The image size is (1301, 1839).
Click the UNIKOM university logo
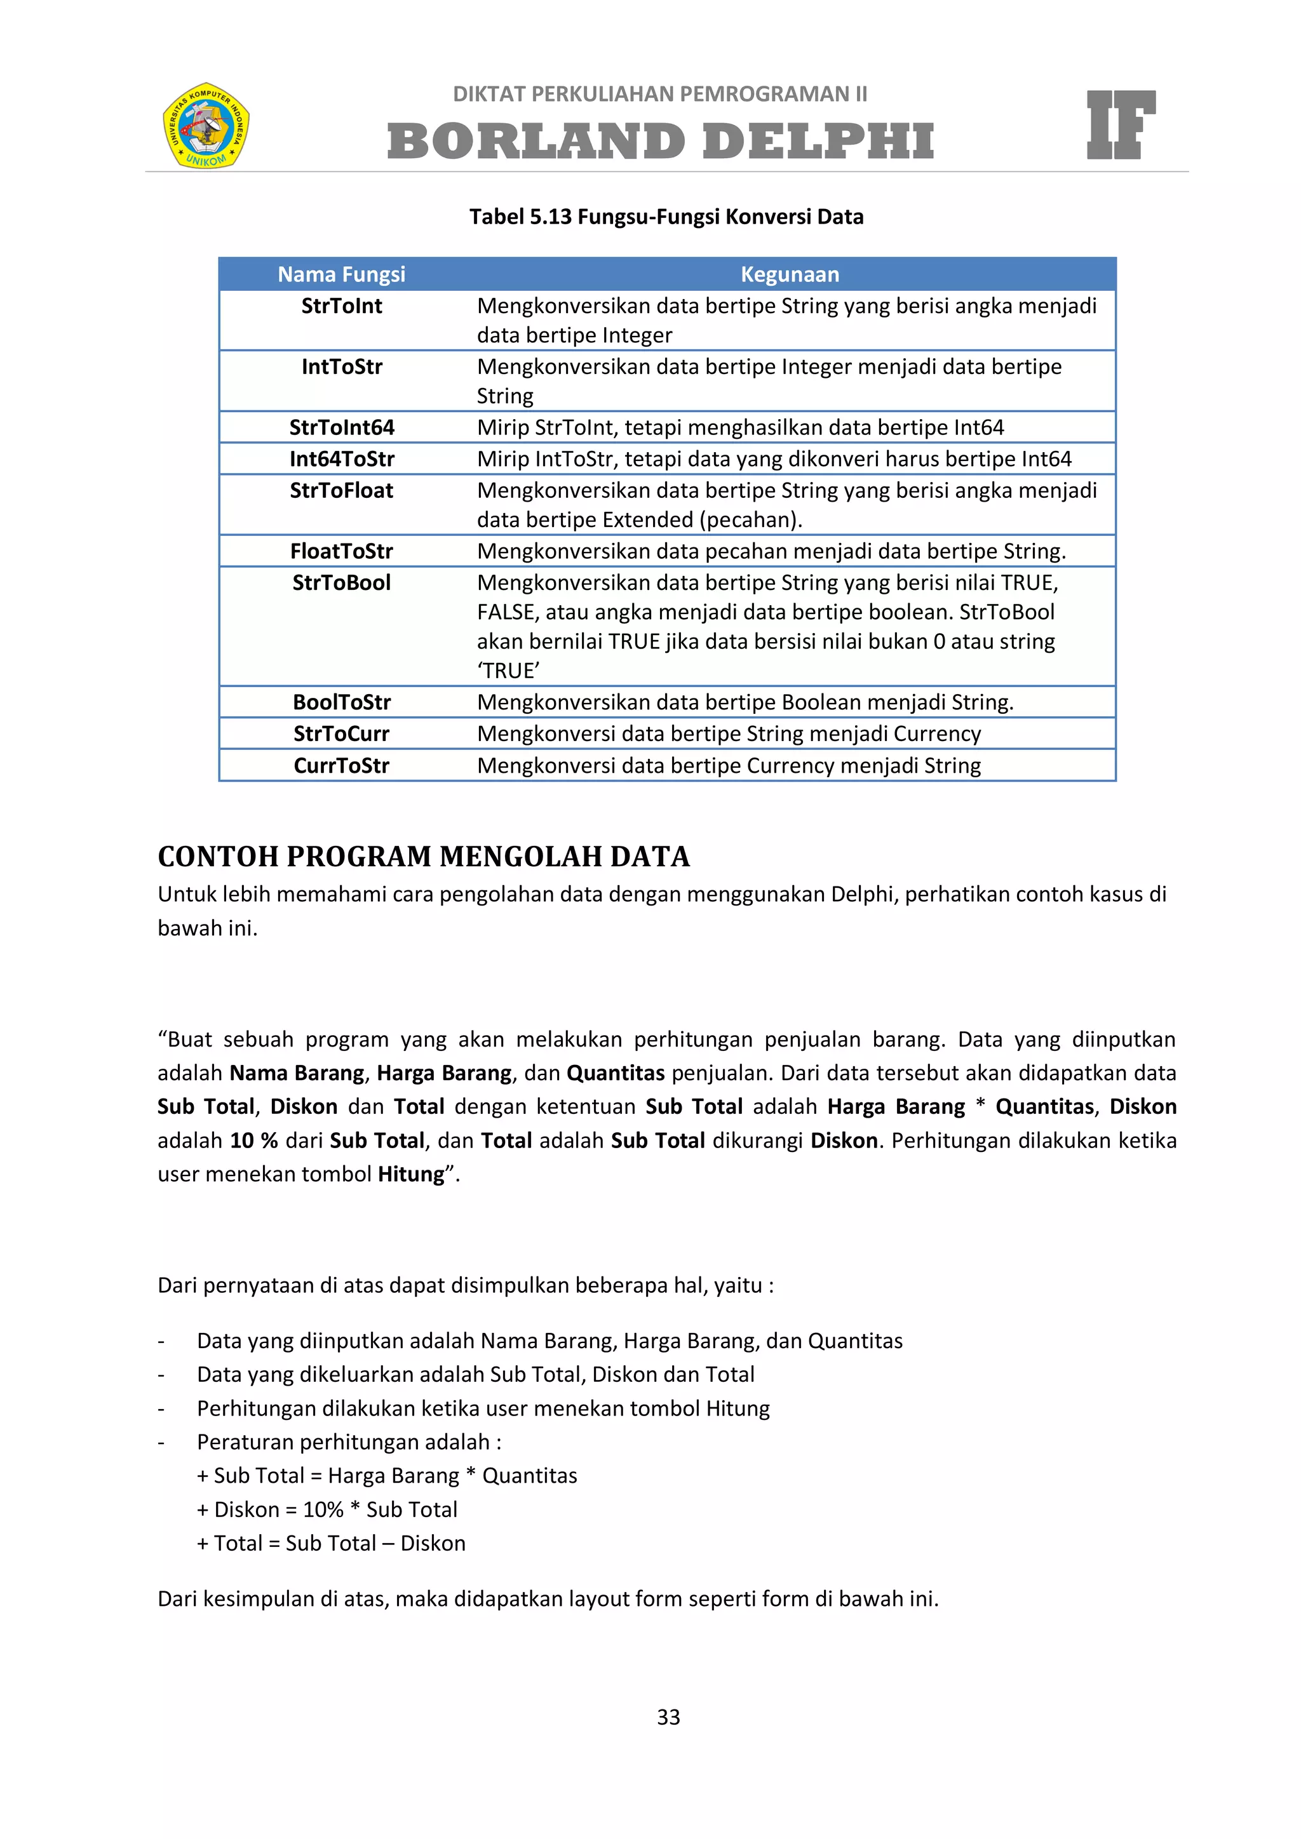tap(206, 125)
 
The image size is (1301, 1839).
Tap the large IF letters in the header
tap(1120, 125)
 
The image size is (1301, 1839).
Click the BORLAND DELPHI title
tap(660, 141)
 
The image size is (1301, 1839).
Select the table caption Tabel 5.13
tap(666, 217)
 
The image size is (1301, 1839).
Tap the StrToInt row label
tap(341, 306)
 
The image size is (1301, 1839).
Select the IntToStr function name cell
tap(341, 367)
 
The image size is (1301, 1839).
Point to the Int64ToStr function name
tap(341, 459)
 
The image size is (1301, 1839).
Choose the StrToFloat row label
tap(341, 490)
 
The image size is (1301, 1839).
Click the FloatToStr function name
tap(341, 551)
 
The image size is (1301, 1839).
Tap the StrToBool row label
tap(341, 582)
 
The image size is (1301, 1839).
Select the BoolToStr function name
tap(341, 702)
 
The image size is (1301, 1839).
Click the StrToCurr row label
tap(341, 733)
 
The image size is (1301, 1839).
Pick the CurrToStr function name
tap(341, 766)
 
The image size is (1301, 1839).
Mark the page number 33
tap(668, 1717)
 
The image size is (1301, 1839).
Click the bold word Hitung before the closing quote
tap(411, 1174)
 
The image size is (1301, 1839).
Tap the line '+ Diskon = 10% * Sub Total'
tap(327, 1510)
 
